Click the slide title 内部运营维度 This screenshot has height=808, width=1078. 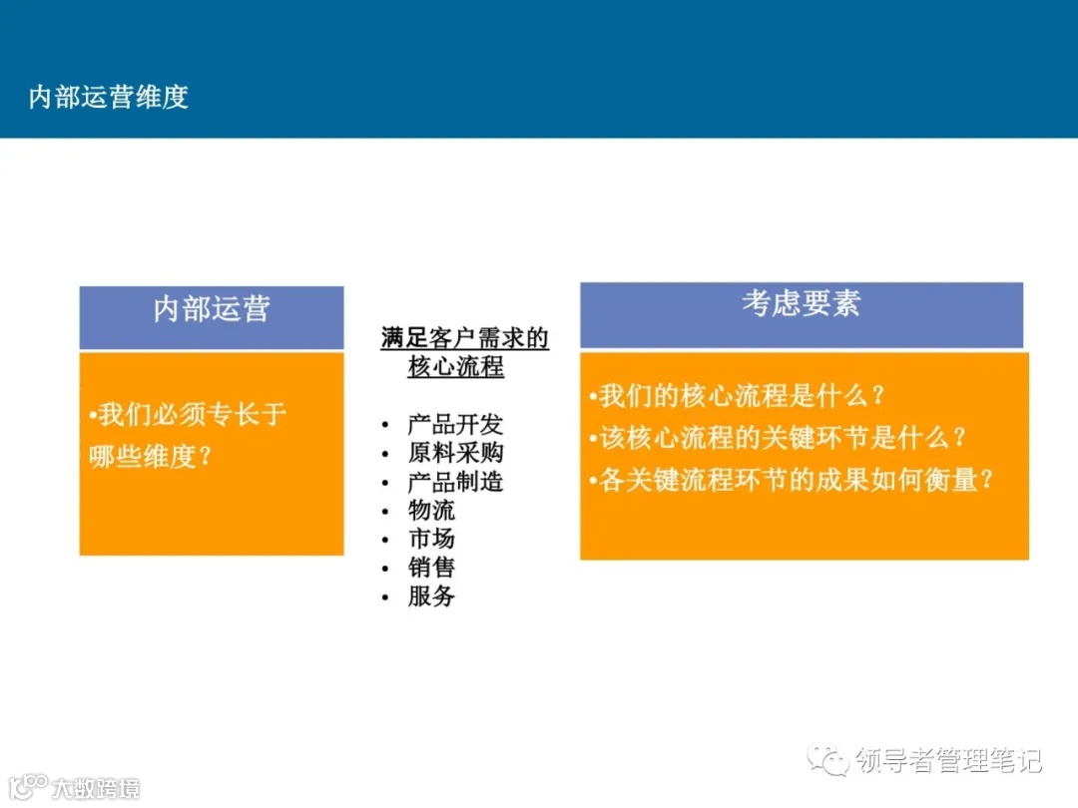point(109,97)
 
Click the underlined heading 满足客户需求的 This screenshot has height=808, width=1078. point(464,339)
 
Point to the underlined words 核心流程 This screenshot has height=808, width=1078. point(455,367)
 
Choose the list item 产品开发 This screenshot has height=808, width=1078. point(455,425)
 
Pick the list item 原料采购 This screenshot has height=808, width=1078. point(455,453)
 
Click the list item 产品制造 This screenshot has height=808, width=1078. point(455,482)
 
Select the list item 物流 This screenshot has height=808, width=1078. point(431,511)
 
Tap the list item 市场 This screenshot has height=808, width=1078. point(431,539)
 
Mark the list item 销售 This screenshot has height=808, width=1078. point(431,568)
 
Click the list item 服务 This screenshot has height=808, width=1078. point(431,597)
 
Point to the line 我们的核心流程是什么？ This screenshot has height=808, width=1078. point(739,396)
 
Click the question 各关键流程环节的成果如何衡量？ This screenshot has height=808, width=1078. point(794,480)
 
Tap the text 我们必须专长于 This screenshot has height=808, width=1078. point(190,414)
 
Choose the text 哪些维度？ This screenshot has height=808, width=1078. point(151,456)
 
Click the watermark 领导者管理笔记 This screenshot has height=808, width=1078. point(947,761)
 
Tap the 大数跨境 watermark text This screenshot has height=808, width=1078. point(96,788)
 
